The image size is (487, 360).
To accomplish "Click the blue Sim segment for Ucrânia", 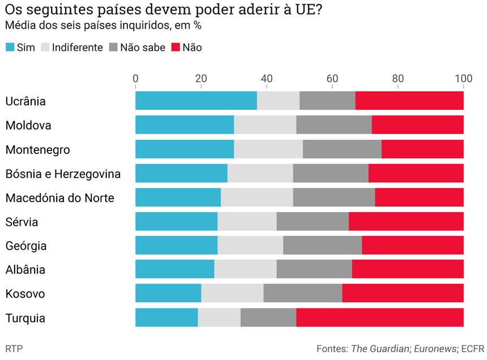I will click(x=195, y=101).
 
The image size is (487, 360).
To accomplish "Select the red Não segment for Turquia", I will click(x=379, y=318).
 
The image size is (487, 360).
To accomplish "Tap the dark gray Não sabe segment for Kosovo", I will click(x=302, y=294).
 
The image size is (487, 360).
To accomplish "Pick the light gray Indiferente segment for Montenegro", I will click(x=268, y=149).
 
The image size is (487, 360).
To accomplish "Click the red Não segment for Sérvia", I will click(x=405, y=222).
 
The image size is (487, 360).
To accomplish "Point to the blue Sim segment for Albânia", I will click(x=174, y=269).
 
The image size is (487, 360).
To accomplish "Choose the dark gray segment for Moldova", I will click(x=334, y=125).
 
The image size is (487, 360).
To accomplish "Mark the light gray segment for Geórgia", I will click(x=250, y=246).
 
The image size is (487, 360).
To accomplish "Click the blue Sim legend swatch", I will click(x=10, y=48).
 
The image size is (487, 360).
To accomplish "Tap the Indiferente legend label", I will click(x=77, y=48).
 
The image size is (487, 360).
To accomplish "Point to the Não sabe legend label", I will click(x=142, y=48).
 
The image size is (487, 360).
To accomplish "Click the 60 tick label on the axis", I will click(x=332, y=79).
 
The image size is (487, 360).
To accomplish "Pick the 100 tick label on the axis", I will click(x=463, y=79).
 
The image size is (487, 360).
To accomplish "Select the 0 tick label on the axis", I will click(x=135, y=79).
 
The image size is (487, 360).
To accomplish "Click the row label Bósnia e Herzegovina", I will click(x=63, y=174).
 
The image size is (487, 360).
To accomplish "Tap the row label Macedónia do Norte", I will click(x=59, y=198).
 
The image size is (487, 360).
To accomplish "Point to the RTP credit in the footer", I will click(x=14, y=347).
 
